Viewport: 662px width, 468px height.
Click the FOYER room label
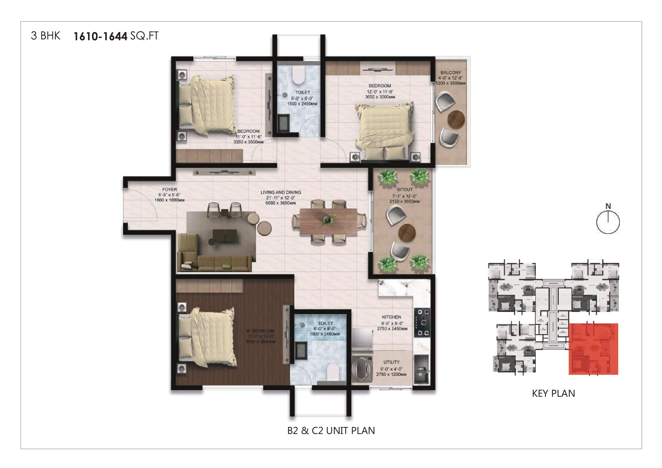(169, 189)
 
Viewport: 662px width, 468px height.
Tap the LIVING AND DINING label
(281, 192)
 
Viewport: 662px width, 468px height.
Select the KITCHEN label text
(391, 317)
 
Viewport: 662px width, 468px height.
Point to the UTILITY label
(391, 362)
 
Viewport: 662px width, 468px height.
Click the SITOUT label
(404, 189)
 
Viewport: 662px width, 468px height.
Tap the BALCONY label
(450, 72)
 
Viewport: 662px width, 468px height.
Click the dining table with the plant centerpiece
(328, 221)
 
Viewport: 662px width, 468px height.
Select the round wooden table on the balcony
(456, 119)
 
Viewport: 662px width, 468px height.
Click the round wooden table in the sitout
(406, 232)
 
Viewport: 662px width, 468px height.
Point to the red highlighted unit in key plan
(593, 349)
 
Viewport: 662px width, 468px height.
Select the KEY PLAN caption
(553, 394)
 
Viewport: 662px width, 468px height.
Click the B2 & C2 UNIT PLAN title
(331, 431)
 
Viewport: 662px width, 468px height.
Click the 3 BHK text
(46, 36)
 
